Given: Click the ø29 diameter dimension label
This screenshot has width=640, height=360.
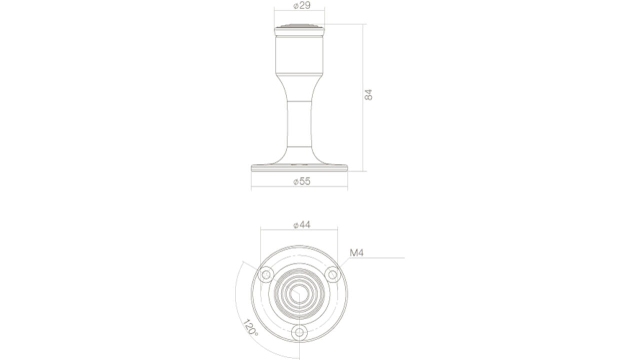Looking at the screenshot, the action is [301, 5].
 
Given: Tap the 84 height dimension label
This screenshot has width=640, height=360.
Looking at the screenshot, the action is [368, 95].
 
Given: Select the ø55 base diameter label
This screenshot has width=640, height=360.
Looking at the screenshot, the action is [301, 181].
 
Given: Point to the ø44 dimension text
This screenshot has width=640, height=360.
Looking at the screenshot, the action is [301, 225].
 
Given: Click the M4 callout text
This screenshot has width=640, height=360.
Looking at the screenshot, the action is [356, 252].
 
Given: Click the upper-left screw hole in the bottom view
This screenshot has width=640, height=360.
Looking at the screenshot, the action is [266, 275].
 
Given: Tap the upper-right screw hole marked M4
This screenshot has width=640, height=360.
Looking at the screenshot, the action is [332, 275].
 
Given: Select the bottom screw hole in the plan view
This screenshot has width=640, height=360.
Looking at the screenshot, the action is [299, 332].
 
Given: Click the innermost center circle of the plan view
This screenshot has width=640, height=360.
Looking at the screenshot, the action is [299, 294].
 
